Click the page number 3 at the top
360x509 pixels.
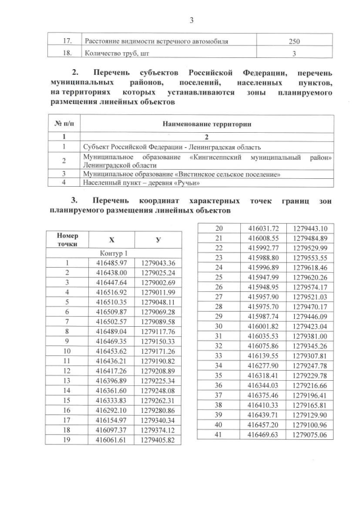[x=191, y=21]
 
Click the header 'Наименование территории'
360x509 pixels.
[x=206, y=124]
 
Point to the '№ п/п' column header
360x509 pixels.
[x=62, y=124]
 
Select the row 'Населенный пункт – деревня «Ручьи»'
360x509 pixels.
[x=142, y=183]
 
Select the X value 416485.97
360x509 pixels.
[x=112, y=263]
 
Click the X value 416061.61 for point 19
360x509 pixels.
[x=112, y=440]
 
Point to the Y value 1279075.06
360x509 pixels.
[x=310, y=435]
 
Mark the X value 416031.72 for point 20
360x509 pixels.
[x=264, y=228]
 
